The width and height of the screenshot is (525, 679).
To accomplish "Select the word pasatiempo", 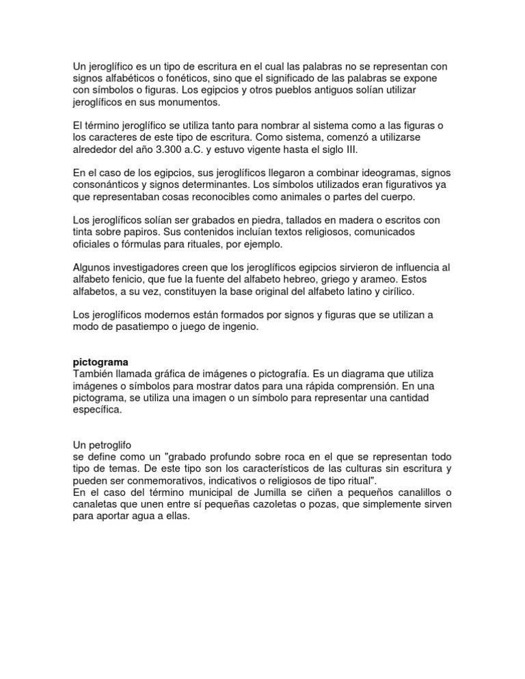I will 139,327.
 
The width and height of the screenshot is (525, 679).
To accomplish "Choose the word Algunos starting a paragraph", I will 94,267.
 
